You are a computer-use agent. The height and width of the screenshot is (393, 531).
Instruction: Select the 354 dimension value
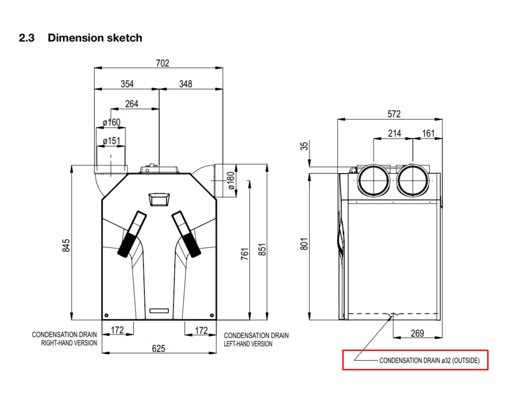click(x=127, y=84)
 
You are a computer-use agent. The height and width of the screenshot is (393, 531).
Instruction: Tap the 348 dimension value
click(x=185, y=84)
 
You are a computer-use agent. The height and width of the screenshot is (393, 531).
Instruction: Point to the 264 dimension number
click(x=131, y=104)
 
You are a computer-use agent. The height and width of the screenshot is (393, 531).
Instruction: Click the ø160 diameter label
click(x=112, y=123)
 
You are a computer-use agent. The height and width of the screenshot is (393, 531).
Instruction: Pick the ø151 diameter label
click(x=112, y=141)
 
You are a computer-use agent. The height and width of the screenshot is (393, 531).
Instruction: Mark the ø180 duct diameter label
click(x=231, y=180)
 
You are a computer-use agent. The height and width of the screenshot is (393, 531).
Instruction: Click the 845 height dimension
click(x=66, y=245)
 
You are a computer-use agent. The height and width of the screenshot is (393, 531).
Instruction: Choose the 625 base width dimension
click(x=159, y=349)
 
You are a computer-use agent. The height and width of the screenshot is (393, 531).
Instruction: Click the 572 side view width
click(x=393, y=114)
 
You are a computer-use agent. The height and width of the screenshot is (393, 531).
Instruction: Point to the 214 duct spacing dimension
click(x=394, y=133)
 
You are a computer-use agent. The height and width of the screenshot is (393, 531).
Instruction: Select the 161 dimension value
click(x=428, y=133)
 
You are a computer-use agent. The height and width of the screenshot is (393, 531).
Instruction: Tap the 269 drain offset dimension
click(x=417, y=333)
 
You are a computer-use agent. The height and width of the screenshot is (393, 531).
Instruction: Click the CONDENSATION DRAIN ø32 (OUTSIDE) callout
click(x=429, y=361)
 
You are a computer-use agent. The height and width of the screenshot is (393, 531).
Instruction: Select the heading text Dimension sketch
click(x=95, y=38)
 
